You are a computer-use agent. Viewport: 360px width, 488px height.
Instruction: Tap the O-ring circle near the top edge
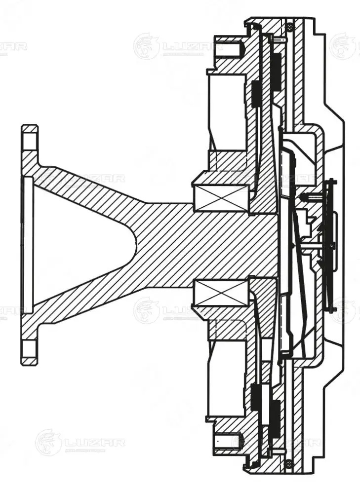[289, 25]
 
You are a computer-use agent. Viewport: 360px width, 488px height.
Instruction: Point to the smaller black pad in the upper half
[256, 94]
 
